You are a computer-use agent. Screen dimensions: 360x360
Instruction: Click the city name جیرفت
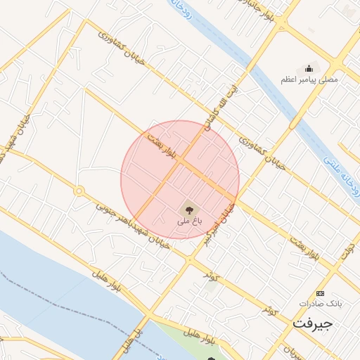click(x=311, y=324)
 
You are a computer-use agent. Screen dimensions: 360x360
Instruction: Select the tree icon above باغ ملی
click(x=188, y=209)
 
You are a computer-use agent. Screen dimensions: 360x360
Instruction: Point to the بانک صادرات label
click(x=320, y=303)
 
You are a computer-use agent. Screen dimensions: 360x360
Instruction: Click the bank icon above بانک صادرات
click(x=321, y=292)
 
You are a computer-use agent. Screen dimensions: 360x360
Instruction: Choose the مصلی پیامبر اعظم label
click(x=309, y=79)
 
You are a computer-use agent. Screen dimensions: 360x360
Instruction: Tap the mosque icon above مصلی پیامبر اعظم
click(x=309, y=68)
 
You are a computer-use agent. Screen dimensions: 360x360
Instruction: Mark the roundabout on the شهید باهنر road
click(x=79, y=191)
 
